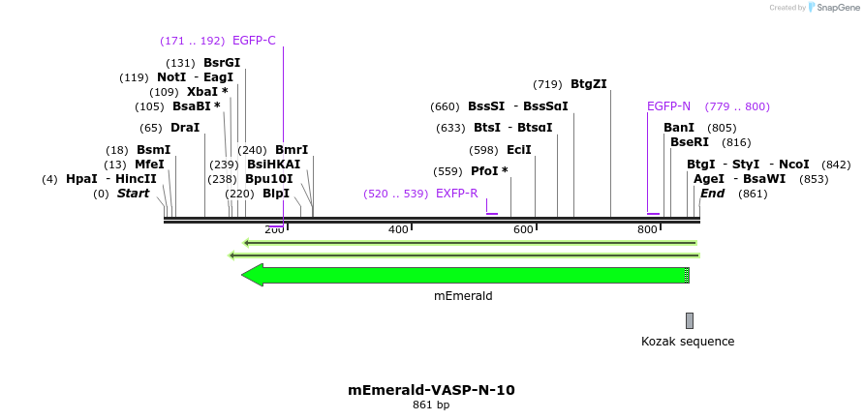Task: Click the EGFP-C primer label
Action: tap(254, 41)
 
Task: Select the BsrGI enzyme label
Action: tap(222, 63)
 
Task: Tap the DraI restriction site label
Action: tap(184, 128)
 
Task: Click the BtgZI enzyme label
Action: tap(589, 84)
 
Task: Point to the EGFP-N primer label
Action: tap(668, 106)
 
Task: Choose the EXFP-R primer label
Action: tap(457, 194)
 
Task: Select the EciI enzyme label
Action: tap(519, 150)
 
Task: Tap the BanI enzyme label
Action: tap(679, 128)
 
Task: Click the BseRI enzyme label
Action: tap(690, 142)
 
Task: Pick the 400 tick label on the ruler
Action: tap(398, 229)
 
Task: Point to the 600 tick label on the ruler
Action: tap(523, 229)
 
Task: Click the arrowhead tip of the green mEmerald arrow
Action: tap(244, 275)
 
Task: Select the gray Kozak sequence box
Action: tap(690, 320)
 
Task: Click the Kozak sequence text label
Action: tap(688, 342)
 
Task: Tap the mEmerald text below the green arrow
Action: tap(463, 296)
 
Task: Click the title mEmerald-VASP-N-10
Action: tap(431, 390)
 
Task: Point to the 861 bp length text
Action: tap(431, 405)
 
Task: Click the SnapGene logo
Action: tap(829, 8)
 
